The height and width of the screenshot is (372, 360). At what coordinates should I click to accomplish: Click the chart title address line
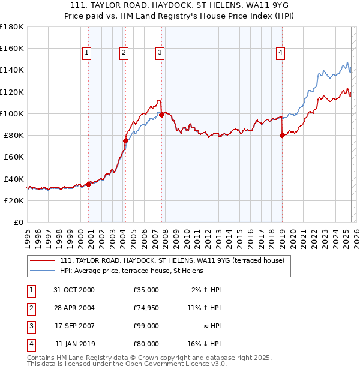179,5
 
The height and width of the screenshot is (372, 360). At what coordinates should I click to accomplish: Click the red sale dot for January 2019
282,136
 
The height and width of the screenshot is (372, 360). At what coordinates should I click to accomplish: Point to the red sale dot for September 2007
162,115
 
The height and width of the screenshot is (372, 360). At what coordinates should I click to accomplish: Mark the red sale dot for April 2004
125,141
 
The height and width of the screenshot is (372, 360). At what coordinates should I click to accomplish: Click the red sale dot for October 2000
89,184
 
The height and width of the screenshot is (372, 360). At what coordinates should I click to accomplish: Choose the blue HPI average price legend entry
131,271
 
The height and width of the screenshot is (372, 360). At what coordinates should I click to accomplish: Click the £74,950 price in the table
146,308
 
